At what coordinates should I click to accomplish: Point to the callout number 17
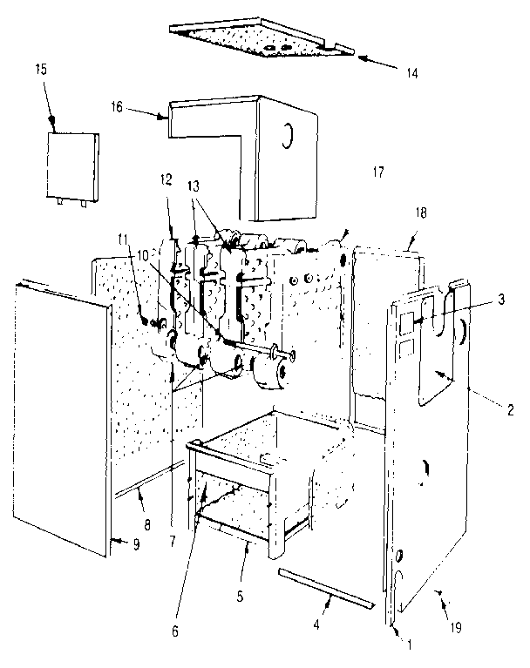[x=377, y=172]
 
